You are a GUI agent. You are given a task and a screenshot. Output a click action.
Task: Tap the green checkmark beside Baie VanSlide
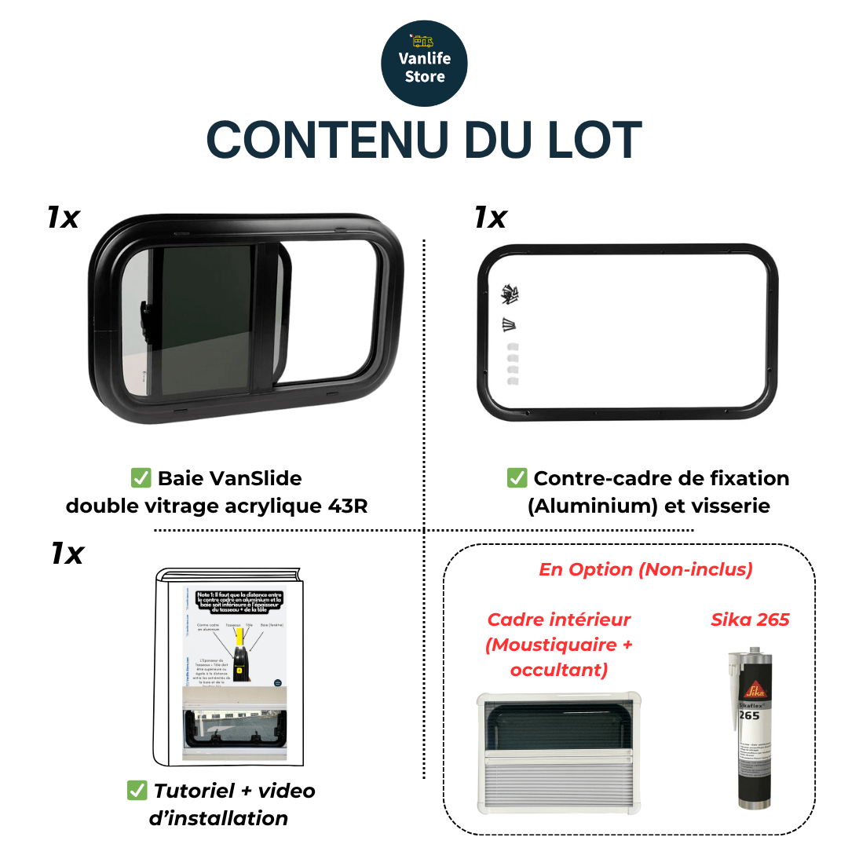point(141,478)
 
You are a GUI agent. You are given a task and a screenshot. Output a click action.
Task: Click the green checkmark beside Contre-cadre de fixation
point(517,478)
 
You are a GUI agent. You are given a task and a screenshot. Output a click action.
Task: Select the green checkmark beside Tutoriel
point(137,791)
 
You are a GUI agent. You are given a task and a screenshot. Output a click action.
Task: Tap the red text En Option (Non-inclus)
point(645,569)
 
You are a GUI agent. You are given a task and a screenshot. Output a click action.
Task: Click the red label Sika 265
point(750,620)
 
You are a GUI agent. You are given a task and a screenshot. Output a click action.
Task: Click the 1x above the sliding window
point(63,217)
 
